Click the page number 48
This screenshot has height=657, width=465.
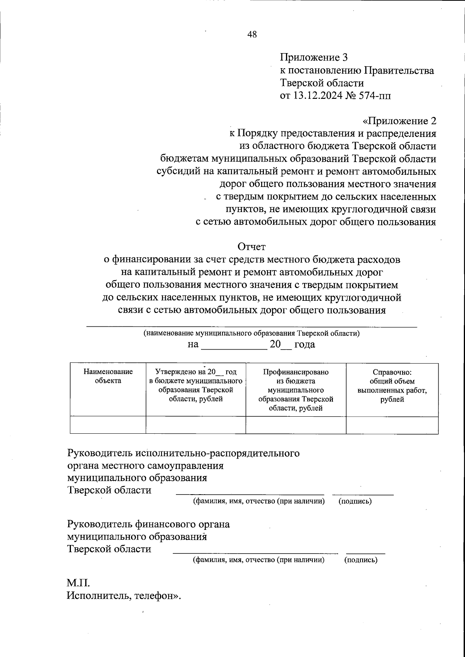pos(252,35)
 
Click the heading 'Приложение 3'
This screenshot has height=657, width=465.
pos(314,58)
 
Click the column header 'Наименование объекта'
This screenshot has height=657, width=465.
pos(108,376)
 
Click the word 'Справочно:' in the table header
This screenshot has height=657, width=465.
pos(392,372)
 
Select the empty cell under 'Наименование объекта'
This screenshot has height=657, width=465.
pos(108,425)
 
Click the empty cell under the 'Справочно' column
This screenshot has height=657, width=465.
pos(392,425)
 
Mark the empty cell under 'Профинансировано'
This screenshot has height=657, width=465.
pos(296,425)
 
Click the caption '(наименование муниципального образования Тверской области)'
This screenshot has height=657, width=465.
pos(251,334)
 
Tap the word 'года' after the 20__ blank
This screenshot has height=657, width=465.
pos(305,344)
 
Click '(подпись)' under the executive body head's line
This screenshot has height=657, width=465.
pos(355,502)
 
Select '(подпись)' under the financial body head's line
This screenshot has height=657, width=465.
pos(361,560)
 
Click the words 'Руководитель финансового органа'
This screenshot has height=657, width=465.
pos(148,524)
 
